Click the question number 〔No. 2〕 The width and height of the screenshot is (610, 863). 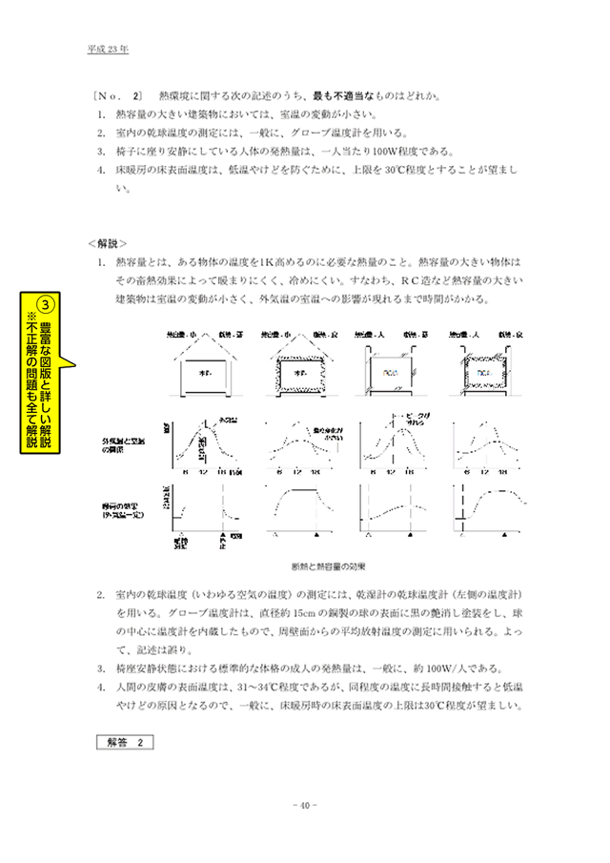[118, 96]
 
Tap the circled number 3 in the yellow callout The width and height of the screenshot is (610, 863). [55, 305]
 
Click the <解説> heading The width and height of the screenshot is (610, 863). [107, 242]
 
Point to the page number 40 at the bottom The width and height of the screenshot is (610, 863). [304, 803]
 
